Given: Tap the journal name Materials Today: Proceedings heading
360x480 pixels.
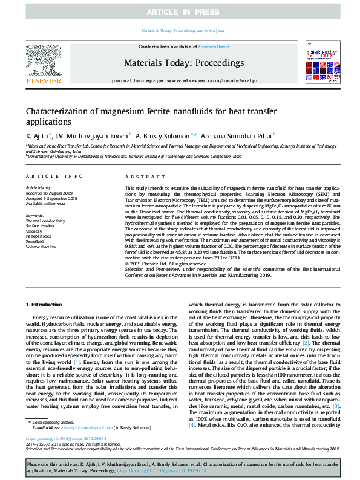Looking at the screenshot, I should click(179, 62).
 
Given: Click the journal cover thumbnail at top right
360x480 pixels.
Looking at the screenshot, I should click(318, 62).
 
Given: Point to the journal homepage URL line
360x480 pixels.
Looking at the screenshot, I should click(179, 80).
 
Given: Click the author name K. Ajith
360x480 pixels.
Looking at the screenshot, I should click(38, 135).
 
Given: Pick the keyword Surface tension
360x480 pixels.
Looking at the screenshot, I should click(40, 225).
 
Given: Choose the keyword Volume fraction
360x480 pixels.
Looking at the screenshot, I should click(41, 247).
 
